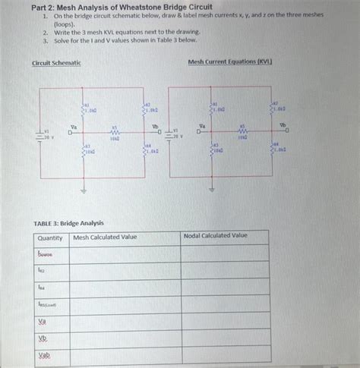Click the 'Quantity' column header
tap(50, 238)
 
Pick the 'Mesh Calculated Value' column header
tap(105, 237)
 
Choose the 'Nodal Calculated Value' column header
tap(216, 237)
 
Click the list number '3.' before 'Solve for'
tap(46, 40)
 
